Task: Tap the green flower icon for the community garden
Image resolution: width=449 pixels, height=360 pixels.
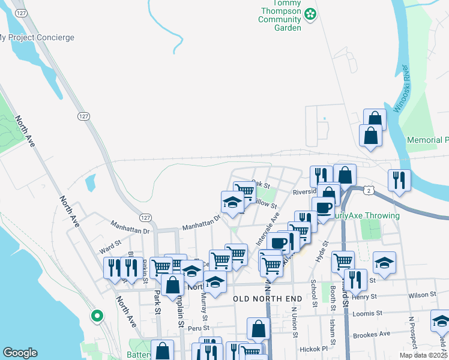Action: click(x=310, y=14)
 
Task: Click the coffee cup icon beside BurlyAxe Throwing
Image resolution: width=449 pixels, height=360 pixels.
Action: click(x=324, y=209)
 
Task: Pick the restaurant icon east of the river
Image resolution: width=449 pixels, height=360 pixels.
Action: click(x=399, y=179)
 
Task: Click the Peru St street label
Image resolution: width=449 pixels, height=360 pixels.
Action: click(x=197, y=328)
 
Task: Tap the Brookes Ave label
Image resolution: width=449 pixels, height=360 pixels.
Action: click(x=372, y=335)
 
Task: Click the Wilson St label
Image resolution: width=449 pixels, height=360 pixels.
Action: click(x=421, y=295)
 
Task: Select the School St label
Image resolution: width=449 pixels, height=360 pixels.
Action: click(x=313, y=293)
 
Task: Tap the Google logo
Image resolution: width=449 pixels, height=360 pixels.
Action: click(x=20, y=353)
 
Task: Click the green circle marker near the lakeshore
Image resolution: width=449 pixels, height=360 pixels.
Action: click(x=97, y=315)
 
